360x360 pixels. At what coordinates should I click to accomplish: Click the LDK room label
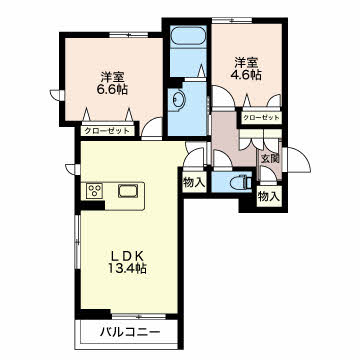pos(127,256)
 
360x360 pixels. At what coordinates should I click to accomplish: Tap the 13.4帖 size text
pos(127,268)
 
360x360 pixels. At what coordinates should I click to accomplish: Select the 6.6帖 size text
pos(112,89)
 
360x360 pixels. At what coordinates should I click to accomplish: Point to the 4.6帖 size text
pos(246,75)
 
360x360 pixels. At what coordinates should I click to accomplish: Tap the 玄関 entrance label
pos(269,159)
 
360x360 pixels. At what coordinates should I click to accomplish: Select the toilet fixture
pos(241,182)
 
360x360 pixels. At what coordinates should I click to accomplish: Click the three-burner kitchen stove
pos(94,191)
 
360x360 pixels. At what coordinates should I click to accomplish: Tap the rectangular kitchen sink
pos(128,191)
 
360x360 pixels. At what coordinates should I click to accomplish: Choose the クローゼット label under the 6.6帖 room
pos(107,131)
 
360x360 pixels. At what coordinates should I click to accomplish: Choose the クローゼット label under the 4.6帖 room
pos(261,118)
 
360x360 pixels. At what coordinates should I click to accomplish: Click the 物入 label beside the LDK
pos(194,182)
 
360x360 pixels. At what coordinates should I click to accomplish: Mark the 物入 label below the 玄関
pos(269,196)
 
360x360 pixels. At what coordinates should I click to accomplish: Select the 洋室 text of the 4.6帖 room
pos(246,63)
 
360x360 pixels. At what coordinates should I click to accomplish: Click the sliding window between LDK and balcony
pos(139,316)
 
